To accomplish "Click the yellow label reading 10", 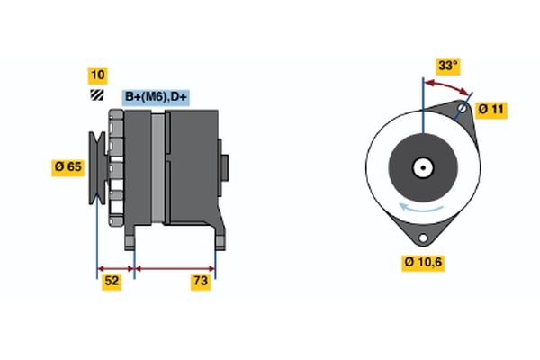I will click(96, 75).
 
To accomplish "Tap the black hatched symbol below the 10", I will click(96, 94).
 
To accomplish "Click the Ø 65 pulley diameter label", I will click(67, 166).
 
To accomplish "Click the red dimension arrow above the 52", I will click(115, 267).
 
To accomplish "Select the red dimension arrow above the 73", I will click(175, 267).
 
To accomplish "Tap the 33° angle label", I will click(447, 66).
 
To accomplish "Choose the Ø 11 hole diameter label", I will click(492, 109).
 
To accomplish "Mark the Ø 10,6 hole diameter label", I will click(423, 262).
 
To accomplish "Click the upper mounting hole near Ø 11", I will click(462, 111).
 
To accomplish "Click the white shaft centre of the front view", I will click(422, 166).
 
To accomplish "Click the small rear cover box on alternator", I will click(224, 167).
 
